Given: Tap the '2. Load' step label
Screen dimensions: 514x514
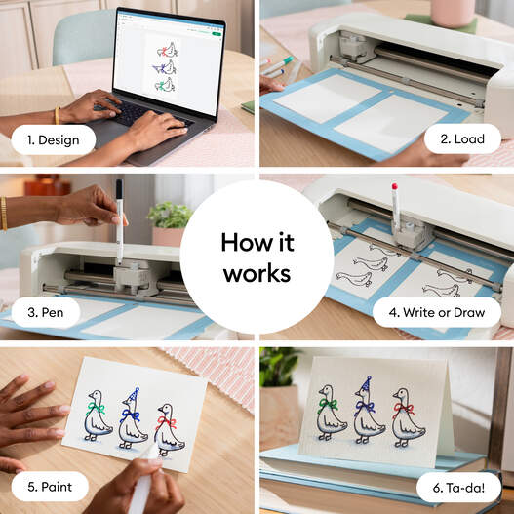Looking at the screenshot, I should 457,139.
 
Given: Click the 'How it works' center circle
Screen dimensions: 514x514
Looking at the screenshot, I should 257,257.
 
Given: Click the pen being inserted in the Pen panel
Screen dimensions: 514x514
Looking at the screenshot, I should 119,219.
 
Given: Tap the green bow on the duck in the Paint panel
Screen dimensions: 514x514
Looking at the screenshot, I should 95,408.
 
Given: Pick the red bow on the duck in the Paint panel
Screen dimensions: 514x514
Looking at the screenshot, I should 166,423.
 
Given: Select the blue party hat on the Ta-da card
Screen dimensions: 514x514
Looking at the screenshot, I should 366,386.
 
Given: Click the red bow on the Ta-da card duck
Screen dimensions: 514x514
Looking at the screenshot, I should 403,409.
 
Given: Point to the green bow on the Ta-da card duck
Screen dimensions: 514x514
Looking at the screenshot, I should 328,403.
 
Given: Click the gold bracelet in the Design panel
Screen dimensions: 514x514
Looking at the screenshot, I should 58,115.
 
